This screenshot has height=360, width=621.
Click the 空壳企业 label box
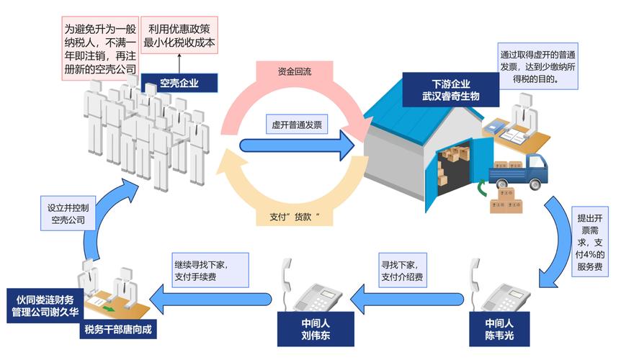click(179, 83)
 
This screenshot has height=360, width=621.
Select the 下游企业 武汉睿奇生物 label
click(451, 89)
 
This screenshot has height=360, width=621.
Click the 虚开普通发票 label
click(296, 124)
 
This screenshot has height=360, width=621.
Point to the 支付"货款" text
click(293, 216)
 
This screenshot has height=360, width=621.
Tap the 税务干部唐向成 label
click(119, 330)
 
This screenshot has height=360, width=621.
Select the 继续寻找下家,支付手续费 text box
click(210, 269)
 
